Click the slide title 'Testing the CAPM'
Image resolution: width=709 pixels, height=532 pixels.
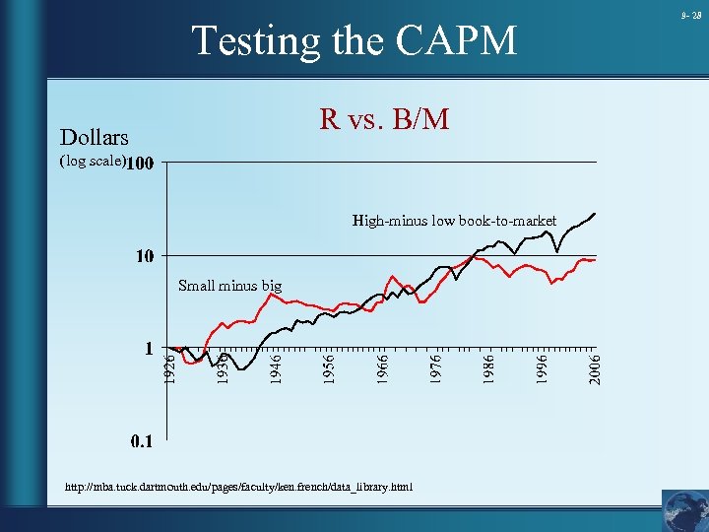[x=354, y=41]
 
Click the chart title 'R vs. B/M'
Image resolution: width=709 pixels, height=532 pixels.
[x=384, y=119]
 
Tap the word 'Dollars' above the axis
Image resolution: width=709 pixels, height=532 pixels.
[x=94, y=137]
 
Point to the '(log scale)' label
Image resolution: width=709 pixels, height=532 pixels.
[x=93, y=161]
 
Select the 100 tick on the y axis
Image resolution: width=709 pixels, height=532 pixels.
[x=140, y=163]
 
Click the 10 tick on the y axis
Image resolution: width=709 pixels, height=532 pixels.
[x=145, y=256]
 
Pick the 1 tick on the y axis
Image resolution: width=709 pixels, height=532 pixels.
[x=149, y=349]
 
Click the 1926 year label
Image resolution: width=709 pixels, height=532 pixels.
[x=169, y=368]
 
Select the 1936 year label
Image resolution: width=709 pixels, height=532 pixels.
[x=223, y=368]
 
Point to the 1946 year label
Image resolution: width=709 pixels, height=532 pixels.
[x=277, y=368]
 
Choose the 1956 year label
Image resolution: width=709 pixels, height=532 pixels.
[x=330, y=368]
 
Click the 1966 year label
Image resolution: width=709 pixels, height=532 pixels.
[x=383, y=368]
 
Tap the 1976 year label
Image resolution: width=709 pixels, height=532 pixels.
[x=436, y=368]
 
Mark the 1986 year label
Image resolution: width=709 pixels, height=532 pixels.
[x=489, y=368]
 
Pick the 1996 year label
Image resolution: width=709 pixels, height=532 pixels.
[x=543, y=368]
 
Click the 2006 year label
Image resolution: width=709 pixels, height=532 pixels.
[x=595, y=368]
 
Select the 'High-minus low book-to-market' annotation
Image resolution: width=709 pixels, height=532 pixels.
[x=454, y=221]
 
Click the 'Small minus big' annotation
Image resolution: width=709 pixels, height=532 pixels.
[x=229, y=286]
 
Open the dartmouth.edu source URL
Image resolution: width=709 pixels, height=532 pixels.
[x=238, y=487]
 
